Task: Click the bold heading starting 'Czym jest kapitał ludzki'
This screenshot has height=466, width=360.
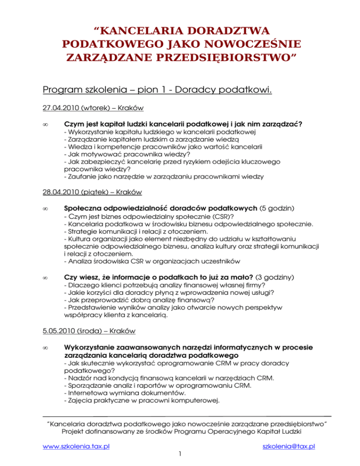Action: coord(183,124)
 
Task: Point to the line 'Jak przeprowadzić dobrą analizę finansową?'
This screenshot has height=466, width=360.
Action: coord(139,300)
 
